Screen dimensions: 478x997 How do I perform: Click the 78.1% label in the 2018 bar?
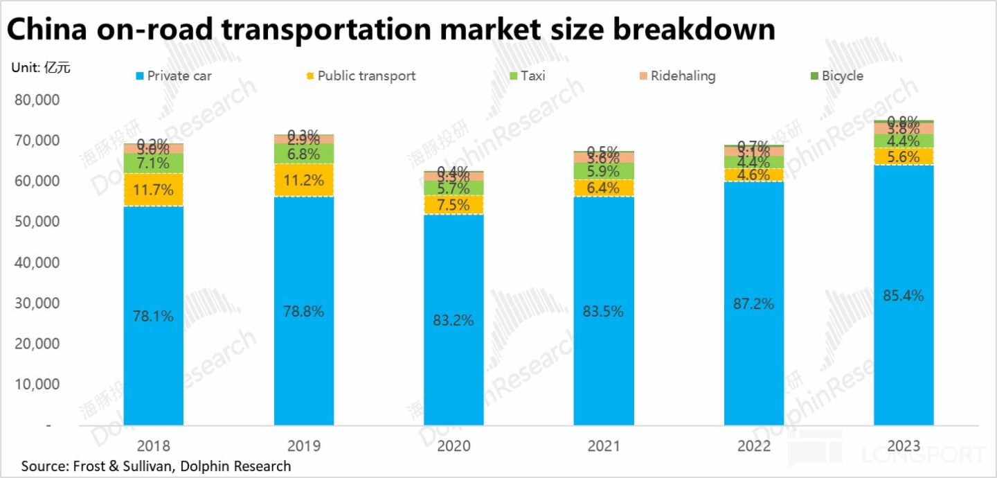153,317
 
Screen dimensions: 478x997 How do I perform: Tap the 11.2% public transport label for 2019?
303,181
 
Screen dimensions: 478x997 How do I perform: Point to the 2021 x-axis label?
604,445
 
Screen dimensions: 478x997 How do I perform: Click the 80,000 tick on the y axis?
37,100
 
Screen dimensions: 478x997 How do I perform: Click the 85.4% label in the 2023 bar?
904,296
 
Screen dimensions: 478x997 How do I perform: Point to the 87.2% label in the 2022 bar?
753,303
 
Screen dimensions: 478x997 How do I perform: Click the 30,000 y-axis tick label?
37,303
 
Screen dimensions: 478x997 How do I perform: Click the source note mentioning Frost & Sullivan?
156,466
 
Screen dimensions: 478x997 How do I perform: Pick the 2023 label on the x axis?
904,445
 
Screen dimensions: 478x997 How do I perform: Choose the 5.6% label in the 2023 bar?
904,157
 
